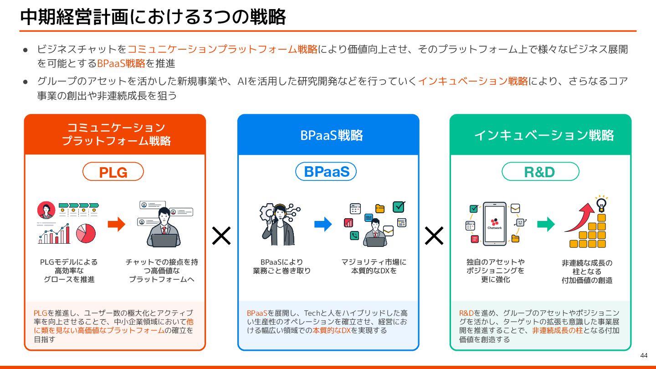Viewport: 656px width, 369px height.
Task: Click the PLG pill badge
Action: [113, 172]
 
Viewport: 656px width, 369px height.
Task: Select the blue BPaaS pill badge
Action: [326, 172]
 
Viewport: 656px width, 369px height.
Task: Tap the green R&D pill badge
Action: [540, 172]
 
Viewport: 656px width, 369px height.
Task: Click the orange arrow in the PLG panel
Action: [116, 224]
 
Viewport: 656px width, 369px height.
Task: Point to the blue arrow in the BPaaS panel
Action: [323, 224]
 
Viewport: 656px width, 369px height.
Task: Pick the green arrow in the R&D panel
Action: [545, 224]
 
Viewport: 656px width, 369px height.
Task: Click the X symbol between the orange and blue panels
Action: [221, 236]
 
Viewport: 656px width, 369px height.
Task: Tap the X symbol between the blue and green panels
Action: [434, 236]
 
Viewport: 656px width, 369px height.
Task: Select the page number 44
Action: [644, 355]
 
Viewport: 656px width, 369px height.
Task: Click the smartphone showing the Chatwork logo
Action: [494, 224]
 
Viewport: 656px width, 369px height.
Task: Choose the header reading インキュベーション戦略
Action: [543, 135]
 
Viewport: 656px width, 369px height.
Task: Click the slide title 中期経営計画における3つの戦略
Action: [153, 17]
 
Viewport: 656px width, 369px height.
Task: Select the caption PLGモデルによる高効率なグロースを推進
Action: [69, 271]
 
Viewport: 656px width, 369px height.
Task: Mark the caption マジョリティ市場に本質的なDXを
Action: [374, 266]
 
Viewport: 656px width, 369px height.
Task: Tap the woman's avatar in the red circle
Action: [46, 210]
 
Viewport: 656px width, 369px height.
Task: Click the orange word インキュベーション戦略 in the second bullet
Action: [473, 81]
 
